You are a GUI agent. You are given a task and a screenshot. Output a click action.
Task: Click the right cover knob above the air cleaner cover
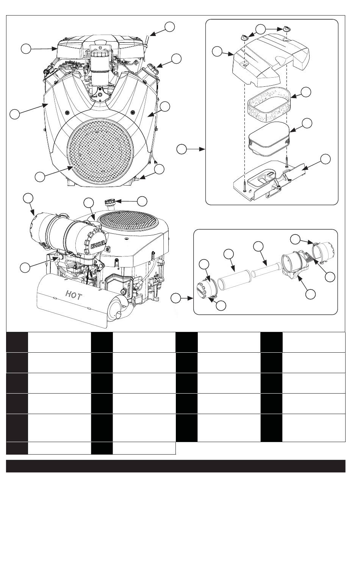click(x=287, y=28)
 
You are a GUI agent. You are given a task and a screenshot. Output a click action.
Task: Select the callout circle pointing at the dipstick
click(x=170, y=26)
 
